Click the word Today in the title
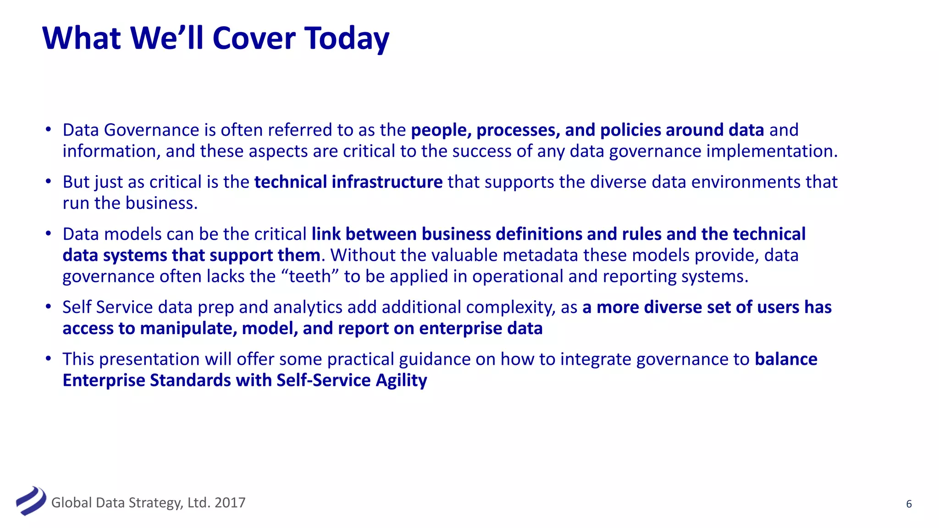[347, 38]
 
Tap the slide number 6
[909, 504]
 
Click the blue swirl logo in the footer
[31, 501]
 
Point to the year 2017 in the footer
[230, 503]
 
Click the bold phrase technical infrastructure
[348, 182]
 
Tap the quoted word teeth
[310, 276]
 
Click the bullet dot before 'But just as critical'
[48, 181]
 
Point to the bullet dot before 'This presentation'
[48, 358]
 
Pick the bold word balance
[786, 359]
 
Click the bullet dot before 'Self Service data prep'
[48, 307]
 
